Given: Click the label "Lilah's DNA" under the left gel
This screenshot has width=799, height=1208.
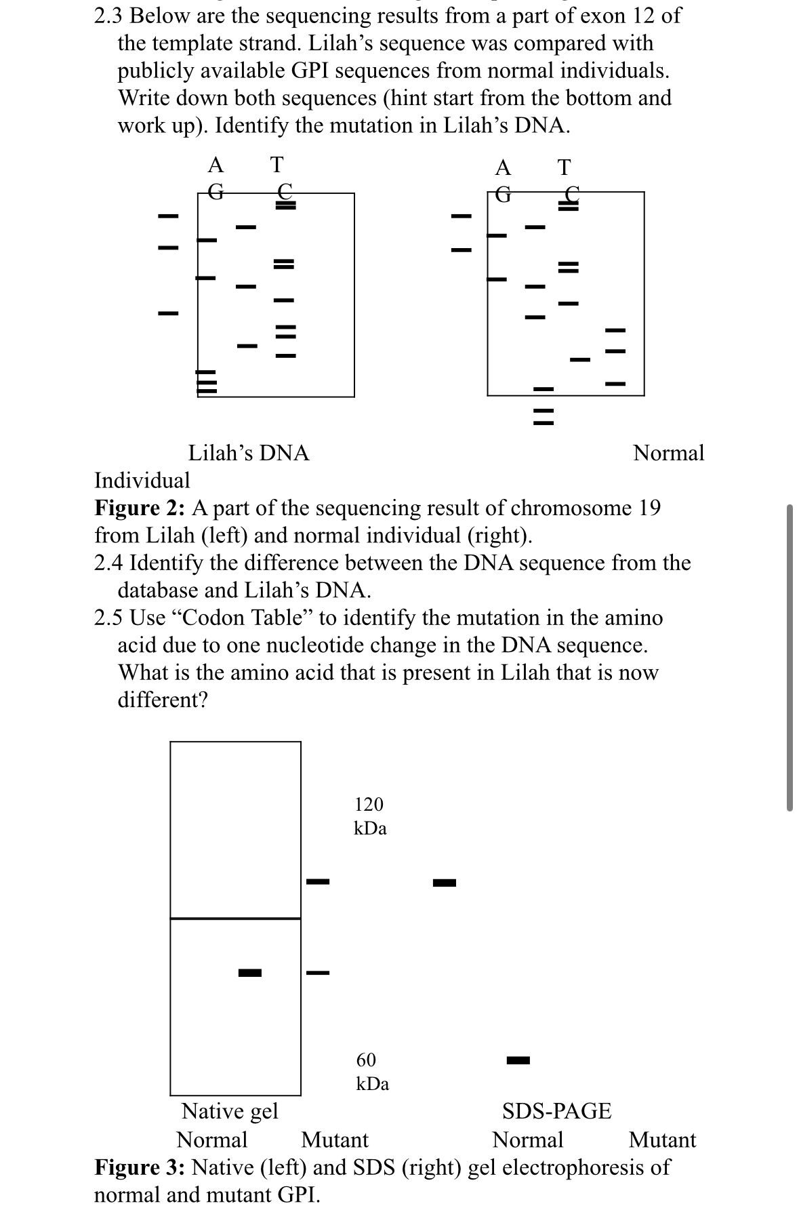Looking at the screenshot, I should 248,453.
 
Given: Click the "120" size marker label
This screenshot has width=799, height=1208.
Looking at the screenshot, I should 369,805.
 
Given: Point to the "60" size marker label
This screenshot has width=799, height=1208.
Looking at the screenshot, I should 366,1060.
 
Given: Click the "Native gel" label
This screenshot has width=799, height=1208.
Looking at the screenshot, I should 230,1112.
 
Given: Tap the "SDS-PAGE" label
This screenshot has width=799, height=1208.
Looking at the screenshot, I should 556,1112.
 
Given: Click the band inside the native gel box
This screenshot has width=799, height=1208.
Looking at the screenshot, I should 249,973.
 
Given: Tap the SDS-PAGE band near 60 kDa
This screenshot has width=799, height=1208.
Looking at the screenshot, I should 518,1060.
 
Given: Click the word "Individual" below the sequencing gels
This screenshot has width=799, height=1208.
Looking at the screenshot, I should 142,481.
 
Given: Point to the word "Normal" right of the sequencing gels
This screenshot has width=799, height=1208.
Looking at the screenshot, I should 668,453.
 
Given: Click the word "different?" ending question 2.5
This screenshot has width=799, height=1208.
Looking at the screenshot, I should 163,700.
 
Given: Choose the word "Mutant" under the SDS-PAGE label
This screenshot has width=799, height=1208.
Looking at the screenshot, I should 662,1140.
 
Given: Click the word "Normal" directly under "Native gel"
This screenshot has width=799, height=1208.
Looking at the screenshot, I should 211,1140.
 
